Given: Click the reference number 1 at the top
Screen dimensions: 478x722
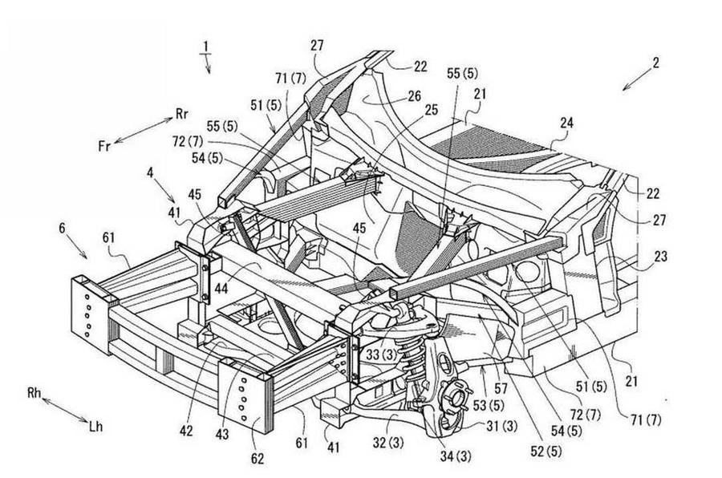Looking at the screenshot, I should tap(207, 48).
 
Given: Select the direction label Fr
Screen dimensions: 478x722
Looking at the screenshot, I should tap(104, 145).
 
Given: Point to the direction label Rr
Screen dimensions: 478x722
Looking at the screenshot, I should tap(182, 114).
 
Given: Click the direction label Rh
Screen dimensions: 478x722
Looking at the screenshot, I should tap(34, 393).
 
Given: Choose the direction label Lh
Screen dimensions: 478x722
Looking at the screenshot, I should tap(96, 429).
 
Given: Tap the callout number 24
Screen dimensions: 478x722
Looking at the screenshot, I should tap(567, 124).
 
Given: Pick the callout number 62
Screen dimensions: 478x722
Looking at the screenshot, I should tap(258, 460).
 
